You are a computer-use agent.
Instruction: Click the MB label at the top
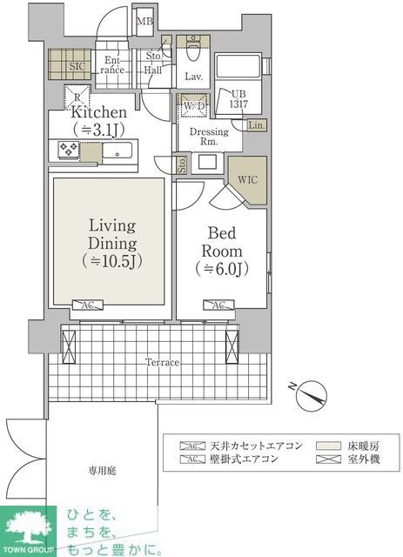click(145, 21)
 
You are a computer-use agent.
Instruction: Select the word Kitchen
click(99, 112)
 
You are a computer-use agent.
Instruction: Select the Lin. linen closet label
click(256, 125)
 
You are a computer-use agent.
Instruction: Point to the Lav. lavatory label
click(194, 77)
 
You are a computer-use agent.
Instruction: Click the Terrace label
click(163, 361)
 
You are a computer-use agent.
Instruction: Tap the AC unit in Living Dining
click(89, 305)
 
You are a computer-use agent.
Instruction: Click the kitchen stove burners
click(69, 150)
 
